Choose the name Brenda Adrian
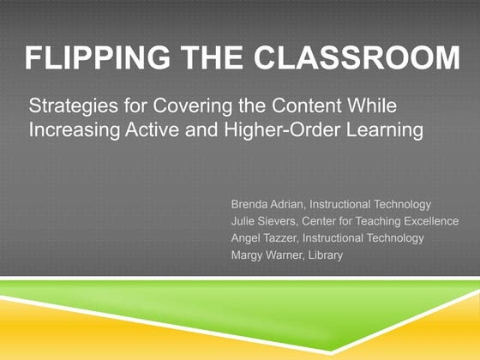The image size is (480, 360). [x=267, y=205]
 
